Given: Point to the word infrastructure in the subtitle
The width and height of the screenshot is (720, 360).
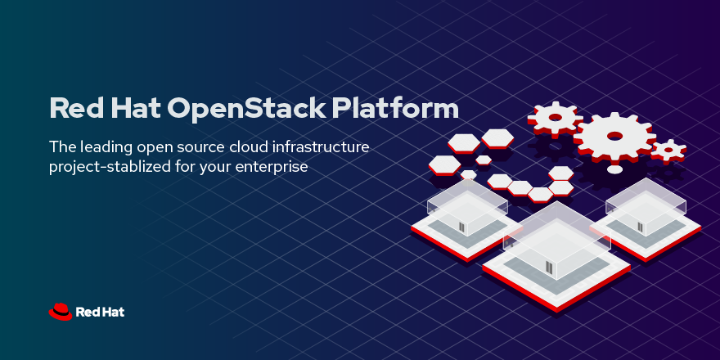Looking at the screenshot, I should click(x=319, y=148).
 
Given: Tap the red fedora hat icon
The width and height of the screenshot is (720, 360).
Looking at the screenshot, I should click(x=61, y=311).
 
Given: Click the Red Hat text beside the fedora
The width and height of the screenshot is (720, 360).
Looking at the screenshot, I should click(x=100, y=312).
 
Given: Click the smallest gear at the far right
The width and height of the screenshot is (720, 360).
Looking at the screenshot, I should click(x=668, y=150).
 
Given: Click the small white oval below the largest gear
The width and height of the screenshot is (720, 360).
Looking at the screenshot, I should click(x=614, y=169).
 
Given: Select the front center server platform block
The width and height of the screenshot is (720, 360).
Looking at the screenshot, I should click(x=556, y=258).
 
